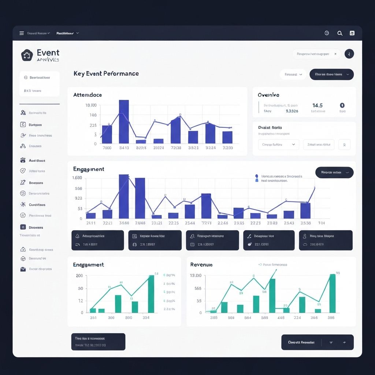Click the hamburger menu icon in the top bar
[x=22, y=33]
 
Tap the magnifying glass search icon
[x=340, y=33]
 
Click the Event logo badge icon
[x=27, y=55]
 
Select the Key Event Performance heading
[x=106, y=74]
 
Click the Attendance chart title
[x=88, y=95]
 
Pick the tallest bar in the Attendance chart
[x=124, y=122]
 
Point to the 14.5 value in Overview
[x=317, y=105]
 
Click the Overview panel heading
[x=268, y=95]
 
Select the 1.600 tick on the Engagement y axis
[x=78, y=178]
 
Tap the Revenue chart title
[x=201, y=265]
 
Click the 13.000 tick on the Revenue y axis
[x=196, y=275]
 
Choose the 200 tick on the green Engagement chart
[x=79, y=276]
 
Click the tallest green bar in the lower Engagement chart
[x=151, y=294]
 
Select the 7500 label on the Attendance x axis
[x=107, y=148]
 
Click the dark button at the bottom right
[x=317, y=342]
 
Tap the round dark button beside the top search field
[x=349, y=54]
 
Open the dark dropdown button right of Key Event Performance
[x=331, y=74]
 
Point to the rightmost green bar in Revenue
[x=332, y=293]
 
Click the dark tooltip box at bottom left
[x=98, y=342]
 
